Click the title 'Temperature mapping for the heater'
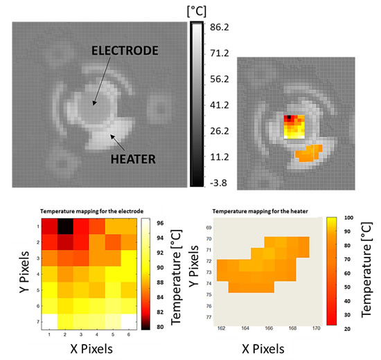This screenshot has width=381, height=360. coord(254,208)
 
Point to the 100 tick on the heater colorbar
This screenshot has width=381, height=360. coord(356,218)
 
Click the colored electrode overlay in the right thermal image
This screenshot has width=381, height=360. coord(296,125)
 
